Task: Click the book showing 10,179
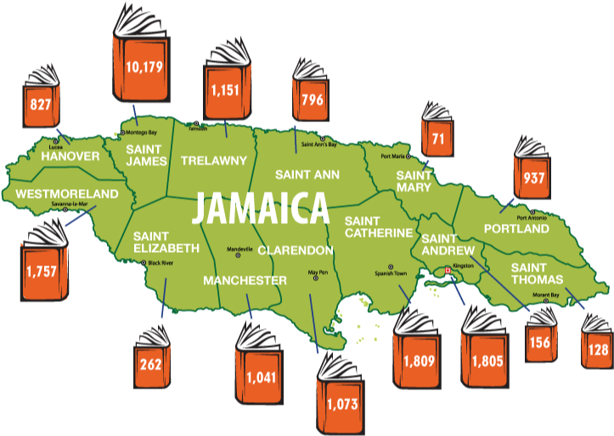point(143,66)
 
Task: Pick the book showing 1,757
point(40,271)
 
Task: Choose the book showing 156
point(539,341)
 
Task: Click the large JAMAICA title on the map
point(260,207)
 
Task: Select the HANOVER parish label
point(70,157)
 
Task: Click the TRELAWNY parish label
point(213,160)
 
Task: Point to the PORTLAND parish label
point(516,229)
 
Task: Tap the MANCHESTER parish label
point(245,280)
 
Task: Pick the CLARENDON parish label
point(296,250)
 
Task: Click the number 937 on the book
point(534,179)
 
